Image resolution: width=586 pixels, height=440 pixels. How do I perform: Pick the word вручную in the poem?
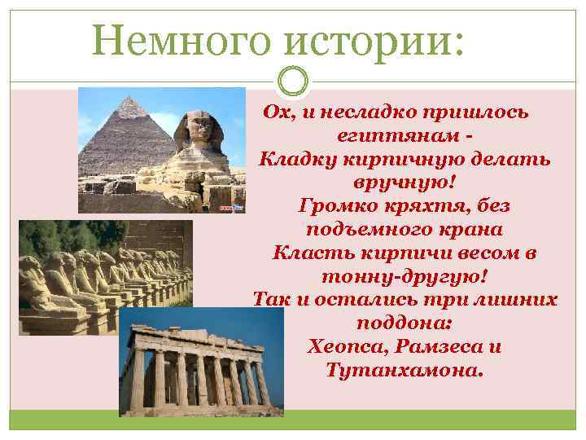pyautogui.click(x=403, y=180)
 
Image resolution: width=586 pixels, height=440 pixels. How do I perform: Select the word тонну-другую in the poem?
pyautogui.click(x=404, y=275)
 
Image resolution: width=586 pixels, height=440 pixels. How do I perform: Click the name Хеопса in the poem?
pyautogui.click(x=348, y=346)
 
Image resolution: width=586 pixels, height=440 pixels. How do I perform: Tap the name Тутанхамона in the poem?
pyautogui.click(x=404, y=371)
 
